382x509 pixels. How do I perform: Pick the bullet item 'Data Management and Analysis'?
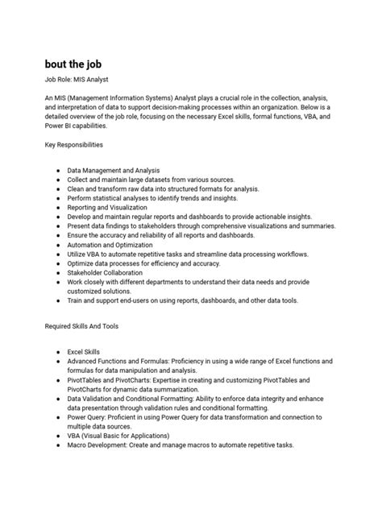(114, 171)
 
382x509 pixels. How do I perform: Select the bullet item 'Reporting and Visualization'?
(110, 207)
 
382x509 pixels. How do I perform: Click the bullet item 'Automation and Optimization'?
(110, 244)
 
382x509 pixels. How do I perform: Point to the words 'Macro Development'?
(102, 445)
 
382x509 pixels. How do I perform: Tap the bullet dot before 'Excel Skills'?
(59, 353)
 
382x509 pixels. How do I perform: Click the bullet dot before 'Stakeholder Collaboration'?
(59, 272)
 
